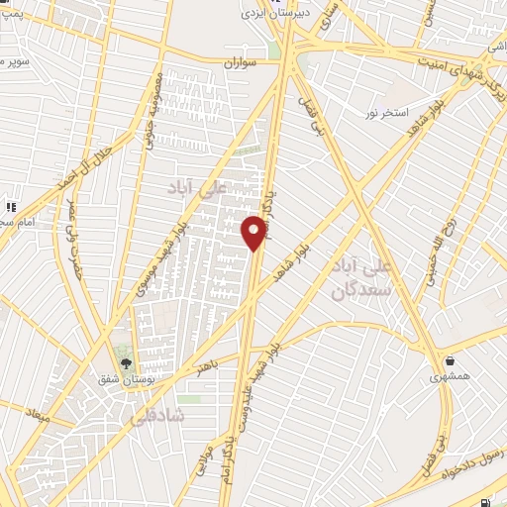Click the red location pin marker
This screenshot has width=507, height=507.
click(x=254, y=232)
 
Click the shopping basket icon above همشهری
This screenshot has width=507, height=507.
click(x=451, y=359)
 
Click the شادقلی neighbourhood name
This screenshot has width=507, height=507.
click(x=157, y=418)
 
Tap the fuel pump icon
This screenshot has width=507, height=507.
click(x=483, y=501)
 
